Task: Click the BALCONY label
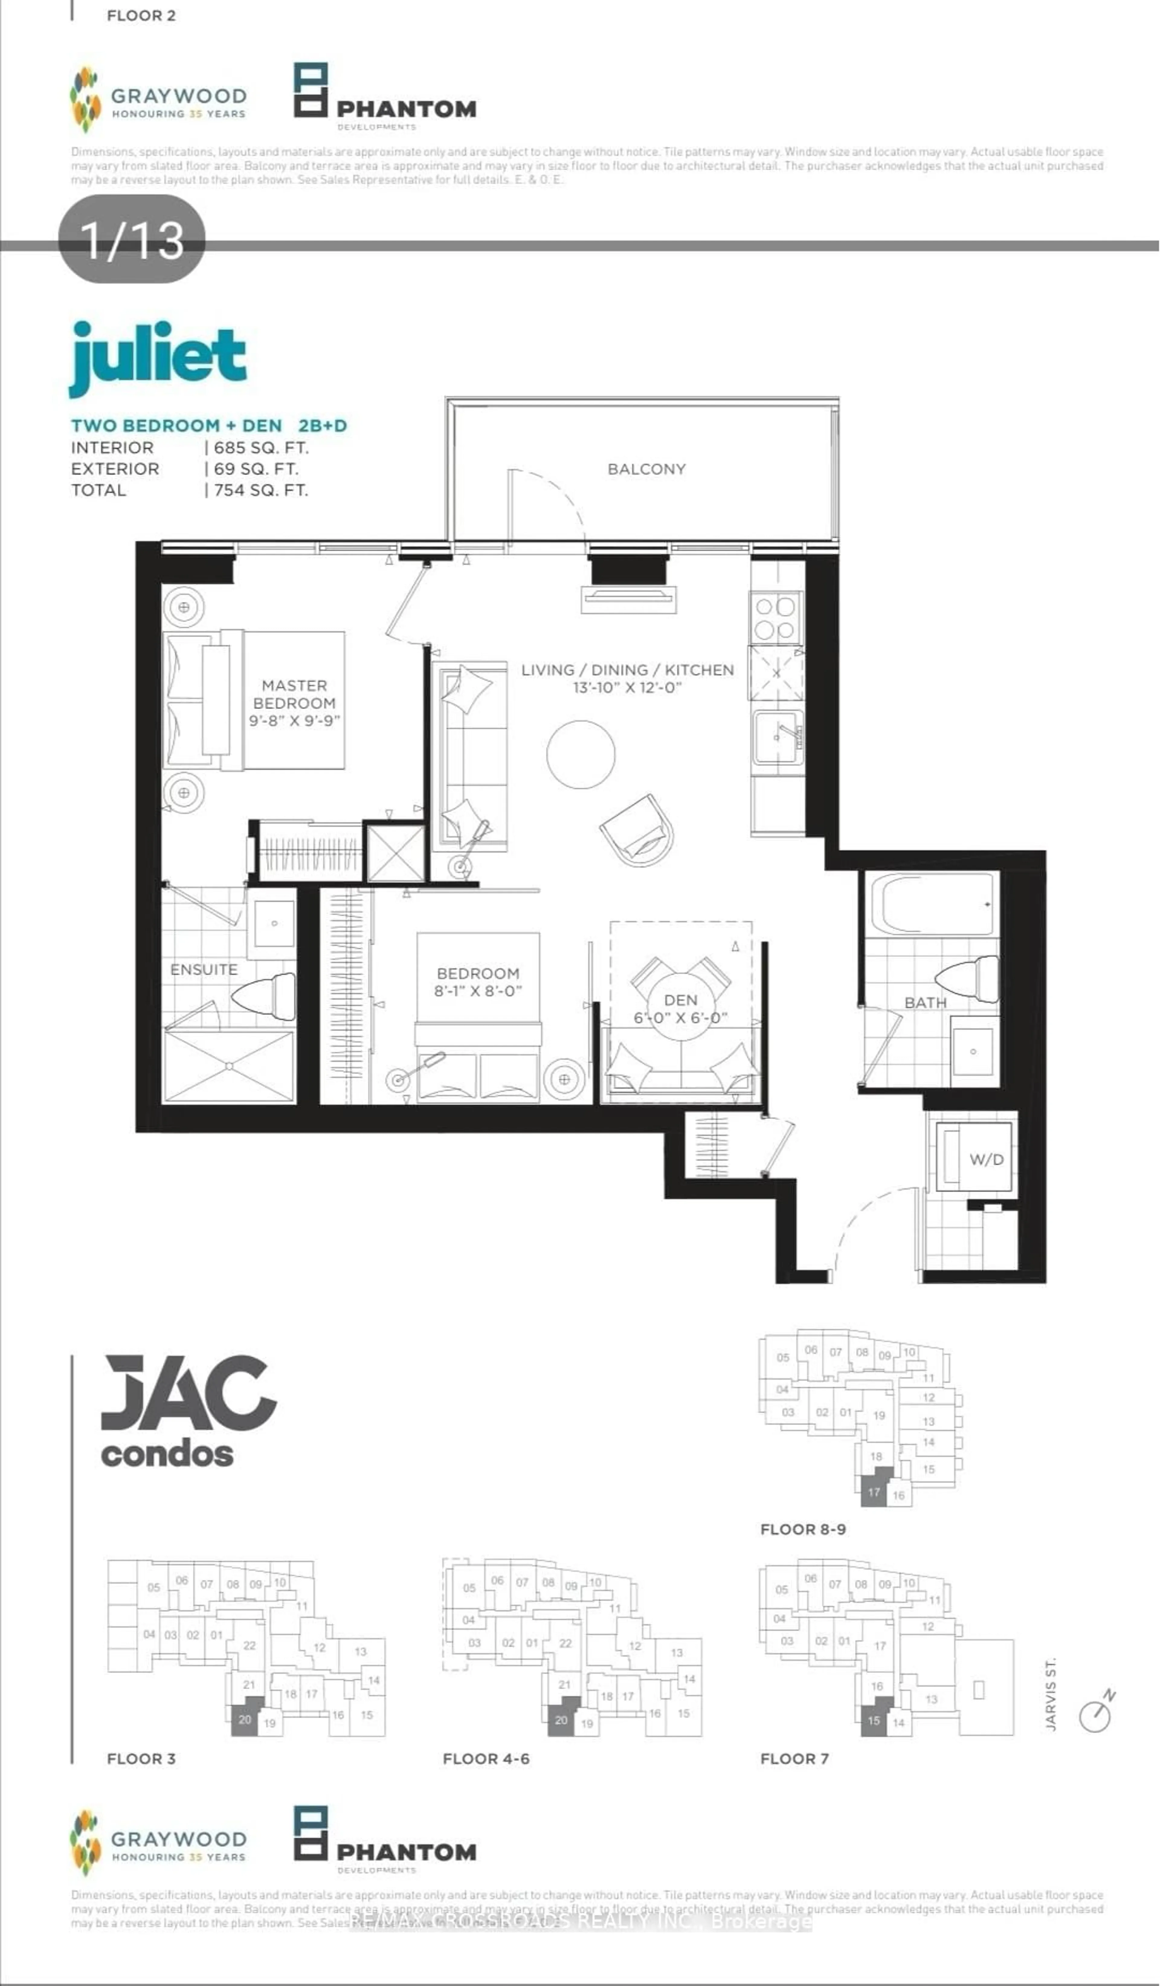[x=646, y=469]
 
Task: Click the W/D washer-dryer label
[x=986, y=1159]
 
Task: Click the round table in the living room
[x=581, y=754]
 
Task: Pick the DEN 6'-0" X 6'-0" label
[x=680, y=1009]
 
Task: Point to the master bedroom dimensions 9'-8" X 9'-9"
[x=294, y=720]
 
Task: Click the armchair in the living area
[x=638, y=830]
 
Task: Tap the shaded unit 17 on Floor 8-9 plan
[x=873, y=1492]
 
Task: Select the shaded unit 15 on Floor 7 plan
[x=873, y=1720]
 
